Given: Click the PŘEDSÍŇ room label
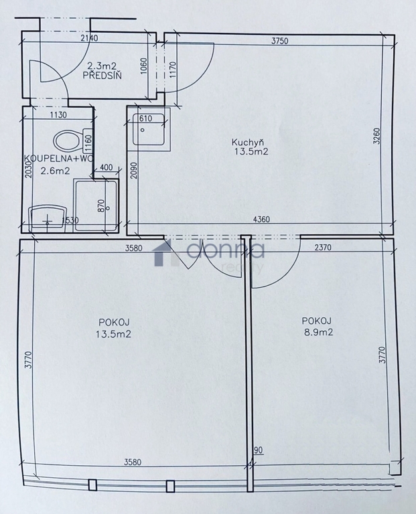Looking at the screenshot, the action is (x=102, y=75).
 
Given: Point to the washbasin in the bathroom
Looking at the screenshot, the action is (x=48, y=219).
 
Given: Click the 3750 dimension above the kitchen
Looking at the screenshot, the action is (x=279, y=41).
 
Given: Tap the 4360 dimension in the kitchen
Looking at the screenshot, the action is (x=261, y=219).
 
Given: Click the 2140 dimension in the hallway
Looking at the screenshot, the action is (x=89, y=38).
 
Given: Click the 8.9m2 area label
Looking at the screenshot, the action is (x=318, y=333).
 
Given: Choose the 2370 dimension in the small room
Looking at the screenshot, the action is (x=323, y=248).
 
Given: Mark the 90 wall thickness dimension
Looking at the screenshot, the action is (x=259, y=450).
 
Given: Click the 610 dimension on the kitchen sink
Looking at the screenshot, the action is (x=145, y=118).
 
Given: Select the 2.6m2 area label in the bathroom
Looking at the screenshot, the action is (x=55, y=171).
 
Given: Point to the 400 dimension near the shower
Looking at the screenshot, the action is (x=106, y=167).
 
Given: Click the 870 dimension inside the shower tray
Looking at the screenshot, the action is (x=100, y=205).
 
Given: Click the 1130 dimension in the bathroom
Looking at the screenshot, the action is (x=58, y=114).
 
